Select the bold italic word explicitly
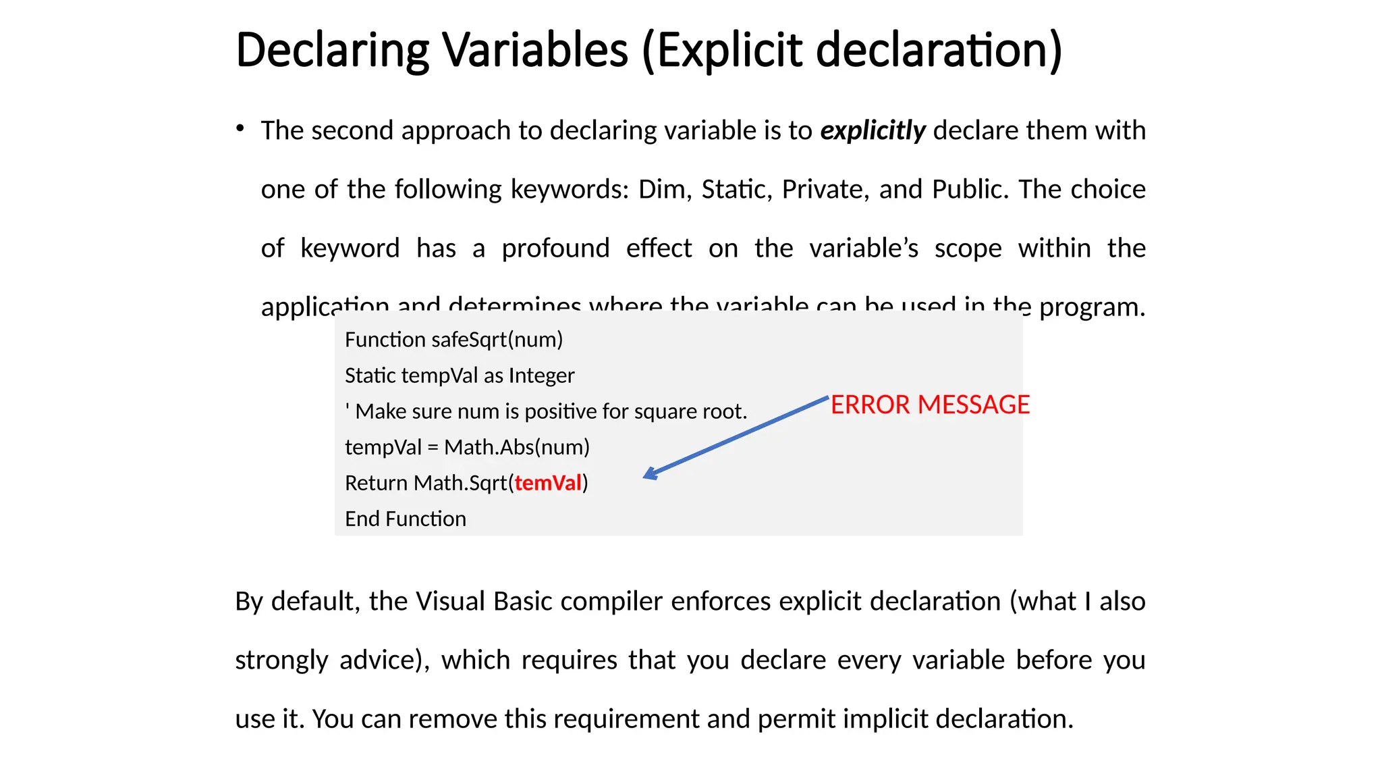pos(873,130)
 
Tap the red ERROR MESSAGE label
pos(930,405)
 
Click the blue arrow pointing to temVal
pos(736,438)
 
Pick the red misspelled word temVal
pos(548,483)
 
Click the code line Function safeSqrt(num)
pos(453,339)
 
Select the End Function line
pos(406,519)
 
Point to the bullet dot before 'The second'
pos(240,128)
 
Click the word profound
pos(555,248)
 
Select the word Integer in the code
pos(541,375)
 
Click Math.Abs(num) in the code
pos(517,447)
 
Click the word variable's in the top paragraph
pos(864,248)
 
